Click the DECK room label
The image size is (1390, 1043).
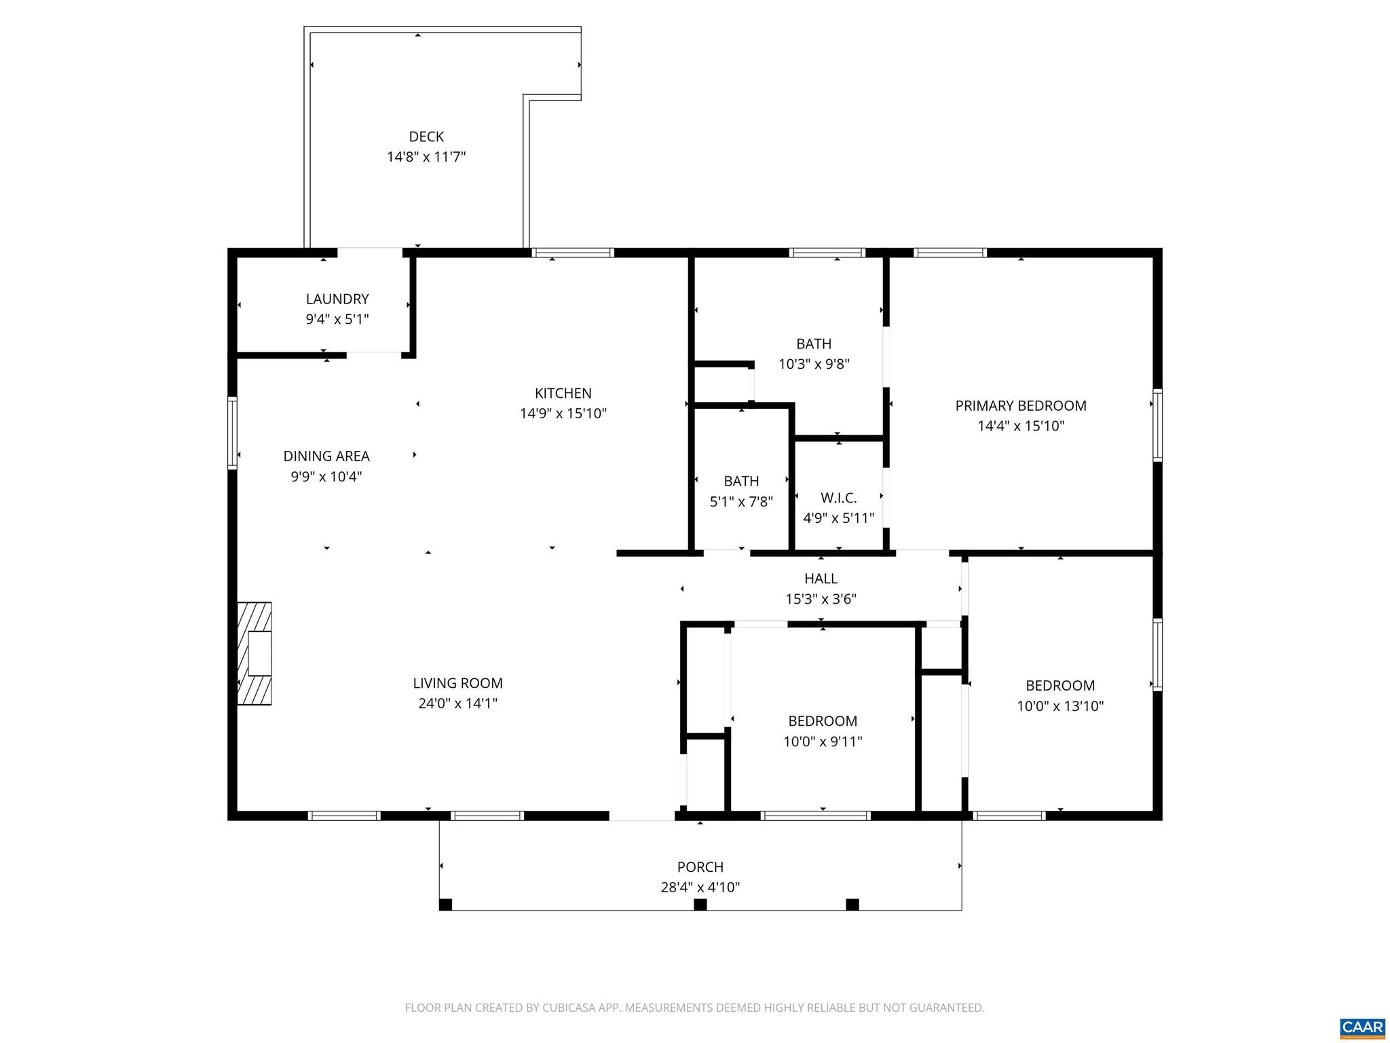click(x=426, y=136)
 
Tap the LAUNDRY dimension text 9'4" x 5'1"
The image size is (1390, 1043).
click(x=337, y=319)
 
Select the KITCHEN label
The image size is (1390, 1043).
click(x=563, y=393)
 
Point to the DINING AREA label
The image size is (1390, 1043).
click(x=326, y=456)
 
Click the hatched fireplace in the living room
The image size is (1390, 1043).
click(x=255, y=653)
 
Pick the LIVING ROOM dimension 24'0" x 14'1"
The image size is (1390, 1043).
click(x=457, y=703)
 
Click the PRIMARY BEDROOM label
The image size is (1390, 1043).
click(x=1020, y=406)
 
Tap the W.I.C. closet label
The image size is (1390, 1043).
click(x=838, y=498)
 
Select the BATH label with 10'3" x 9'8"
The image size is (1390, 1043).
click(x=814, y=344)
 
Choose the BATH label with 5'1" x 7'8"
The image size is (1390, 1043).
click(x=741, y=481)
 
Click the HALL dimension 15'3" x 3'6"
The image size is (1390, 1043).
click(x=821, y=599)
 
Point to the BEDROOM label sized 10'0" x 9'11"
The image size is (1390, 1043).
click(x=822, y=721)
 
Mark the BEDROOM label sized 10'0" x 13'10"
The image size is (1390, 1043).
click(x=1059, y=686)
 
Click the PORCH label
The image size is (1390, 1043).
click(x=700, y=867)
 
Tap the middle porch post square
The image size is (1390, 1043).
click(x=700, y=904)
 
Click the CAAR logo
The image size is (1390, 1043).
click(x=1362, y=1027)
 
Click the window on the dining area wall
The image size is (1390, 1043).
click(x=232, y=433)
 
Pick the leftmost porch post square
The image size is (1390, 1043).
click(x=445, y=904)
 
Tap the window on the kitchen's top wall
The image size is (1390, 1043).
click(x=572, y=253)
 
